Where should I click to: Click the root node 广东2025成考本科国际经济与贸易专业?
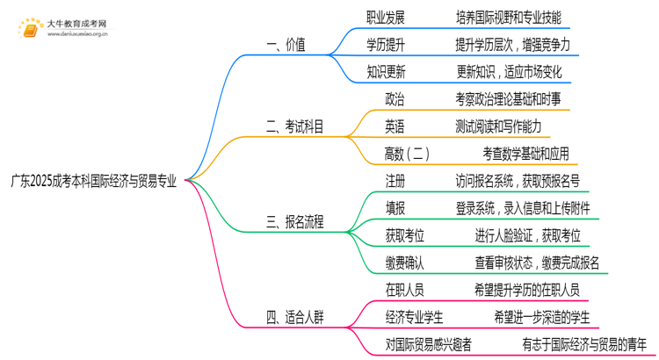(93, 182)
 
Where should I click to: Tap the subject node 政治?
(395, 99)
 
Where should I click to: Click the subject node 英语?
(395, 126)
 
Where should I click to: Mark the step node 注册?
(395, 181)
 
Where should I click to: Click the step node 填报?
(395, 208)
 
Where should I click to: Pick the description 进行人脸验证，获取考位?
(527, 235)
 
